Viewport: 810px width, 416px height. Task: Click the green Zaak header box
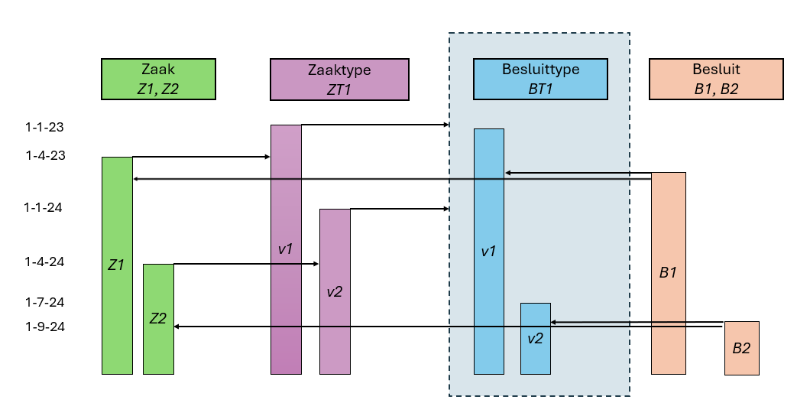click(158, 80)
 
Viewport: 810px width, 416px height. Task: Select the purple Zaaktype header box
click(339, 80)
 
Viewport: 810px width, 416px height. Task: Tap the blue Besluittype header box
click(540, 80)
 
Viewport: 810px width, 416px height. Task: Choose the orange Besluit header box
click(716, 80)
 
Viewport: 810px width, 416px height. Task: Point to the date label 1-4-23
click(44, 156)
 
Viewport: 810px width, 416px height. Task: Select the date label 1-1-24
click(44, 207)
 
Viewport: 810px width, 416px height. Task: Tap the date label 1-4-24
click(44, 262)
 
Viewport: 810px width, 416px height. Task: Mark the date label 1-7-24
click(44, 302)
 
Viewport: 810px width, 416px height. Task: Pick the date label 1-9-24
click(44, 327)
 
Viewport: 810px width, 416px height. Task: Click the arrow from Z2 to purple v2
click(245, 264)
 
